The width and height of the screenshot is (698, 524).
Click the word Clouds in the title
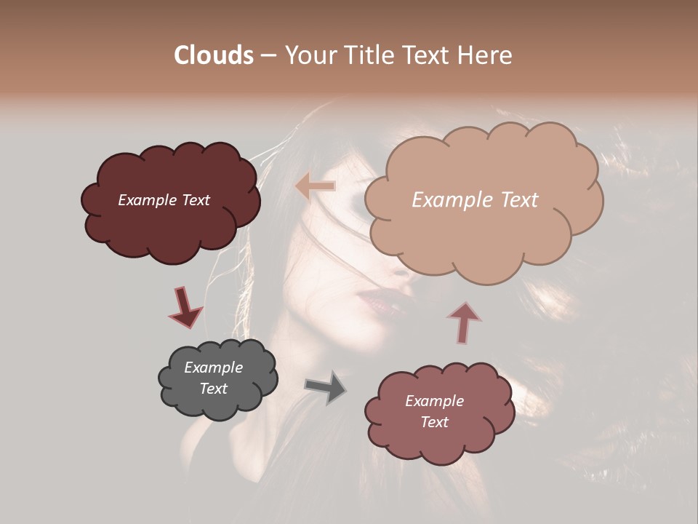click(x=214, y=55)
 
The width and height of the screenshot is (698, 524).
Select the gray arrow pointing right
click(x=326, y=386)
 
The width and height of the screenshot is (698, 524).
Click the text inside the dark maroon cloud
click(x=164, y=200)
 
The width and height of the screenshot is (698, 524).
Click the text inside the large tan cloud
click(x=475, y=200)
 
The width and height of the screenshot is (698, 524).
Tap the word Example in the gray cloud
click(x=213, y=368)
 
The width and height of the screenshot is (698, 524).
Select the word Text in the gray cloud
click(x=213, y=389)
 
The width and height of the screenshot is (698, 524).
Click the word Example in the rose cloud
click(x=434, y=401)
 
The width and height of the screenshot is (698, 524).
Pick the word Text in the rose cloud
click(x=434, y=422)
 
